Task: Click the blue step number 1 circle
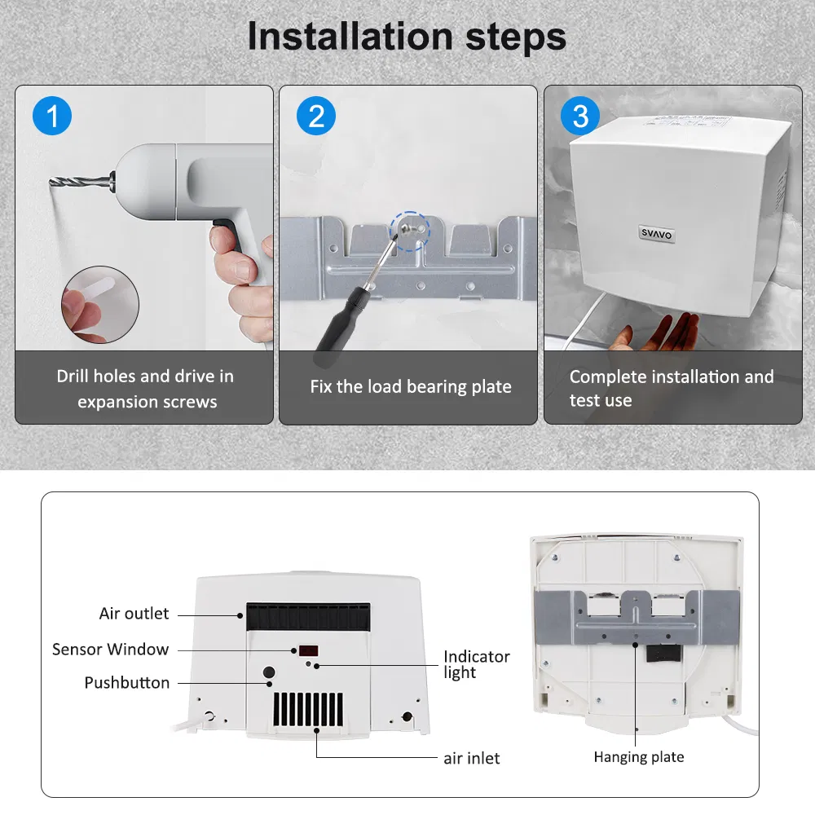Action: (x=52, y=117)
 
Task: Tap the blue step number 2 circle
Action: (x=316, y=117)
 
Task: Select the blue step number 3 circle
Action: (x=580, y=117)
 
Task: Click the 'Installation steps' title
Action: (x=407, y=37)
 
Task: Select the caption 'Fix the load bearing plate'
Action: (x=411, y=387)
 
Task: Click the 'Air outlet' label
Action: (x=134, y=614)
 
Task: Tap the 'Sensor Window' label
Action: (x=110, y=650)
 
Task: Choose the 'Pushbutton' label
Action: (x=127, y=683)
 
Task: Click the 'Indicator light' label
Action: (x=476, y=664)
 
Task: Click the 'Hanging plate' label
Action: (x=638, y=757)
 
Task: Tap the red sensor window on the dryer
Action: (x=308, y=651)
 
